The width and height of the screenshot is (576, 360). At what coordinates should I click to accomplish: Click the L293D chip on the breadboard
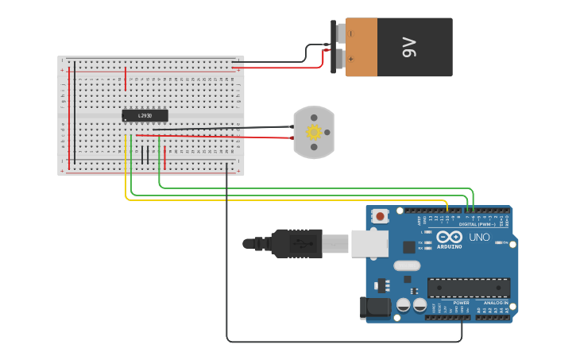pyautogui.click(x=145, y=116)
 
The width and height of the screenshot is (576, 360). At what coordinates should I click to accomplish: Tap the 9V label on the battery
pyautogui.click(x=410, y=48)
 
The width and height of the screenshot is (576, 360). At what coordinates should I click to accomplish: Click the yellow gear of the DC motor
pyautogui.click(x=314, y=133)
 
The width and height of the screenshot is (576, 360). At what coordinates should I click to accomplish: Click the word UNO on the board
pyautogui.click(x=479, y=237)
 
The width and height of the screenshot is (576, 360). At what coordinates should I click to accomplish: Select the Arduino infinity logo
pyautogui.click(x=449, y=237)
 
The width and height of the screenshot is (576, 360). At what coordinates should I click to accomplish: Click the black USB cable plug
pyautogui.click(x=296, y=242)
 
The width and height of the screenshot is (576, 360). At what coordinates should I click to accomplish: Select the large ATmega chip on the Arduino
pyautogui.click(x=468, y=288)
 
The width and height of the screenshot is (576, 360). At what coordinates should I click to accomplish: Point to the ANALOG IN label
pyautogui.click(x=497, y=303)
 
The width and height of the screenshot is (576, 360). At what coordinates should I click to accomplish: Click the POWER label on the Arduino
pyautogui.click(x=461, y=303)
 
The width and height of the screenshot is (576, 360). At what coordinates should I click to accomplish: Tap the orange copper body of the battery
pyautogui.click(x=361, y=48)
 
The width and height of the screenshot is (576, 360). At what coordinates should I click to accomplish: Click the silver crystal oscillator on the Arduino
pyautogui.click(x=406, y=265)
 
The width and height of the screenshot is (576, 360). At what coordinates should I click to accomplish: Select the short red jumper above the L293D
pyautogui.click(x=126, y=79)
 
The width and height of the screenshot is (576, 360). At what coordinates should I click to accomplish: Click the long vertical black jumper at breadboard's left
pyautogui.click(x=75, y=115)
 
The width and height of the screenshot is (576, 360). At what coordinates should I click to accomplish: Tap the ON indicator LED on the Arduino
pyautogui.click(x=497, y=242)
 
